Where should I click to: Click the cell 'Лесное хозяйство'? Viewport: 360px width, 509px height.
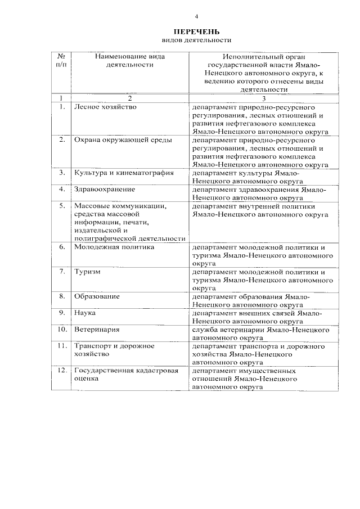click(x=105, y=106)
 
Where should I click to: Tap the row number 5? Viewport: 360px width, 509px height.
click(x=62, y=206)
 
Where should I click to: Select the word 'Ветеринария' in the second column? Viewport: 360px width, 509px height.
click(x=97, y=329)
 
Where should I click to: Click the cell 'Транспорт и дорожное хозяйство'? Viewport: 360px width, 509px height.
click(x=114, y=350)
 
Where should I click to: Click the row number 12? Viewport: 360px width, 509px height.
click(x=62, y=371)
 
